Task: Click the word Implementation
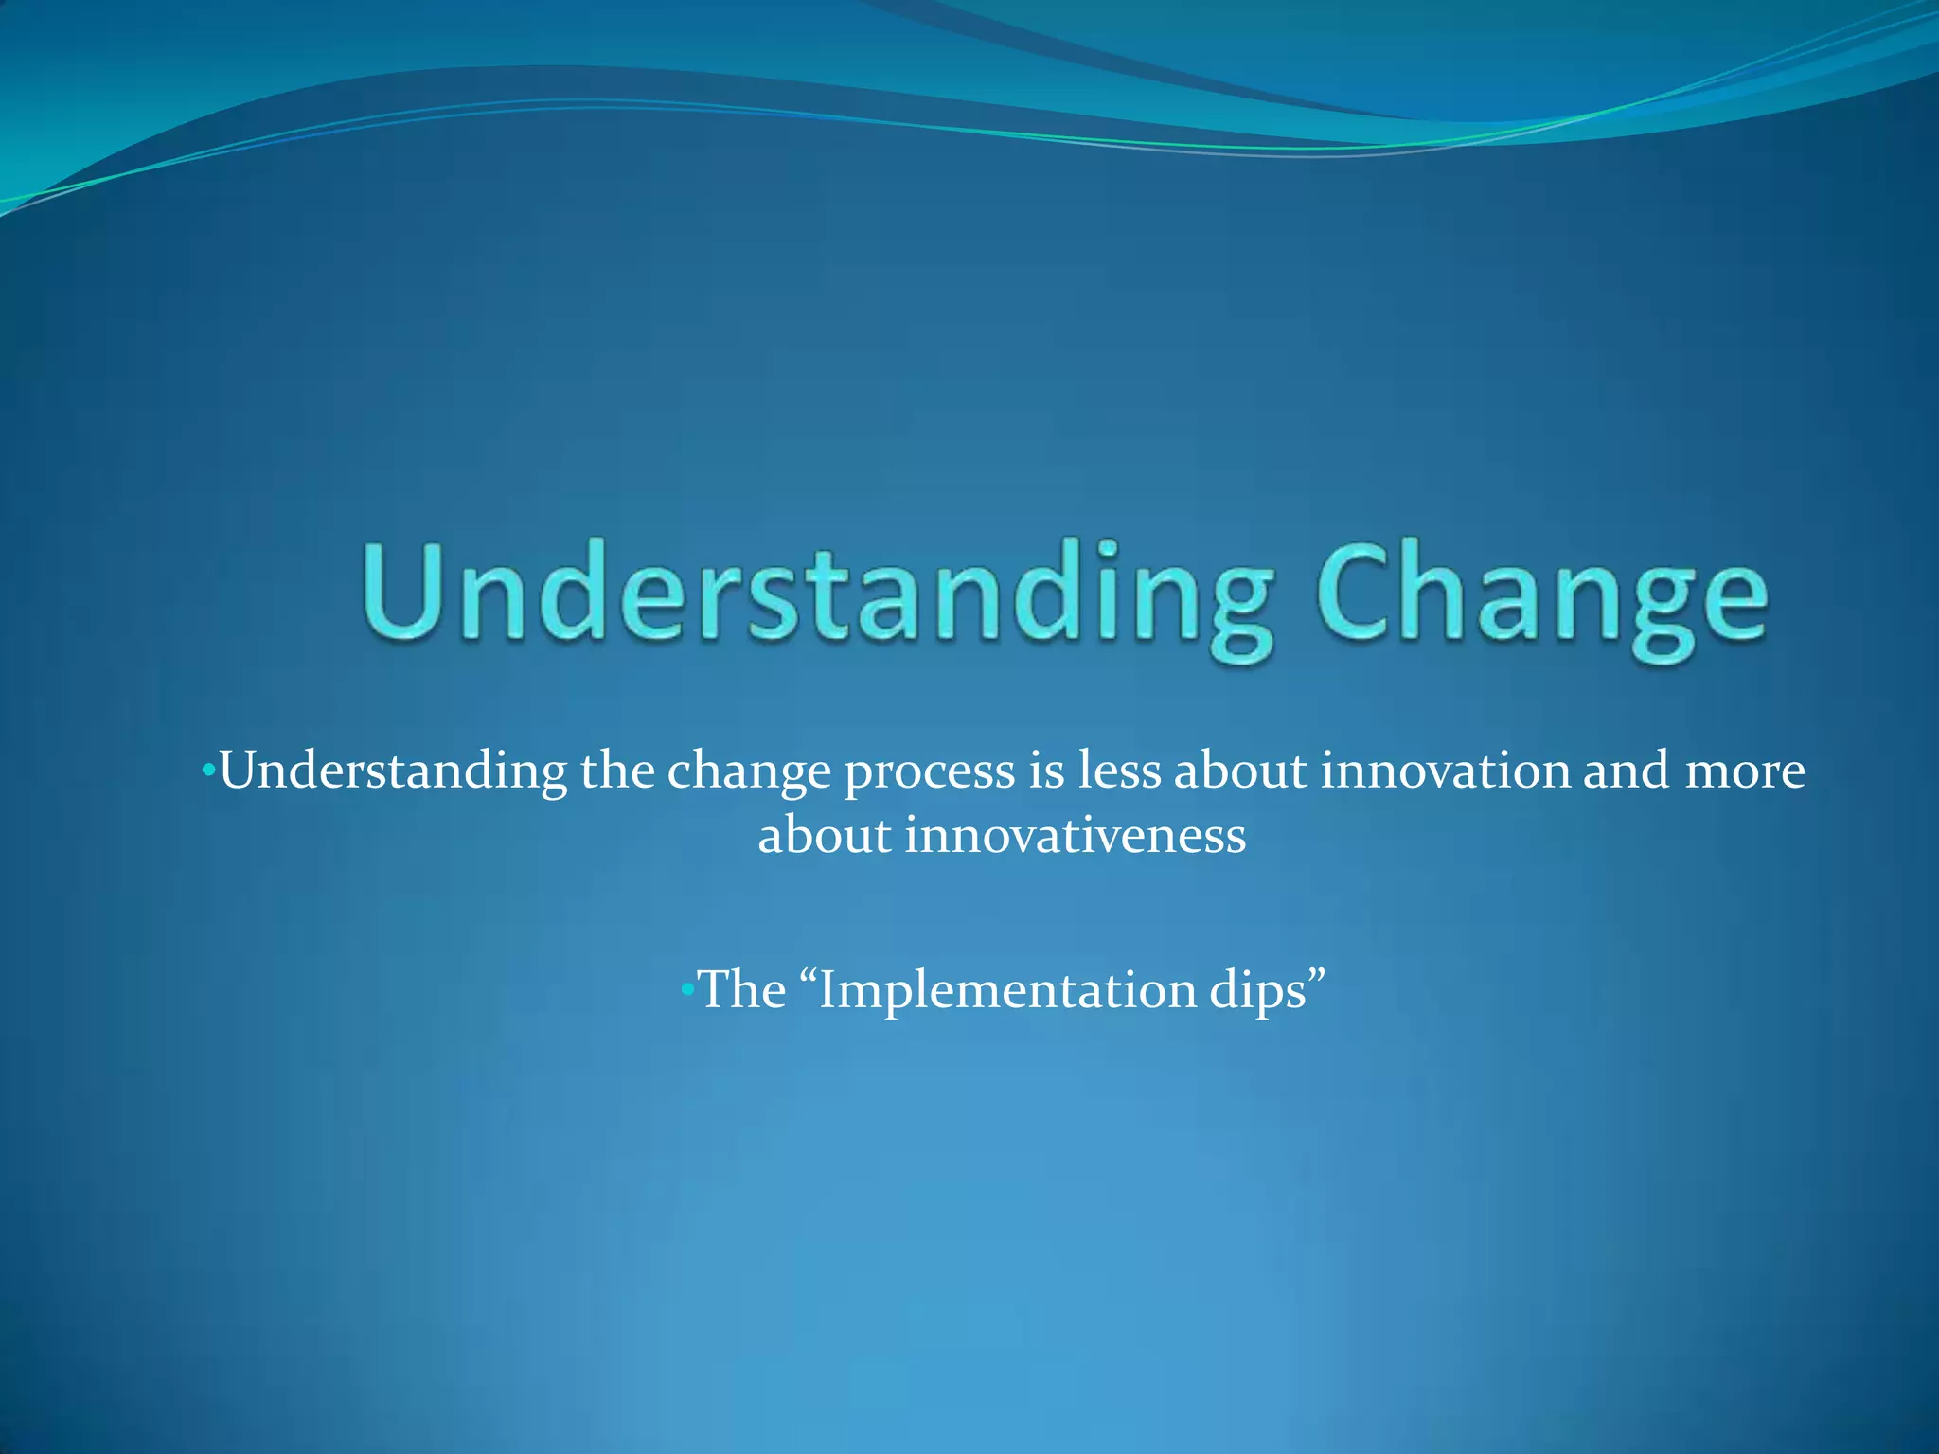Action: pos(1007,992)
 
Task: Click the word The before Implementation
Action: pos(742,990)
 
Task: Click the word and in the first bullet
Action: pos(1626,771)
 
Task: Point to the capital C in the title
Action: pos(1355,592)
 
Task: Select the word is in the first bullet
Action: pos(1046,771)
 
